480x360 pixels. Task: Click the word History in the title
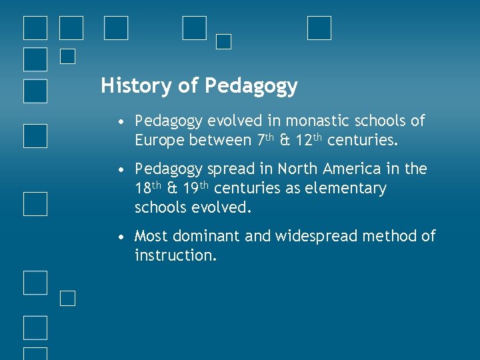(136, 86)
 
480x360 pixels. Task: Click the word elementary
(345, 189)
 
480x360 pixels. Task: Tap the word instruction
(175, 255)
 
